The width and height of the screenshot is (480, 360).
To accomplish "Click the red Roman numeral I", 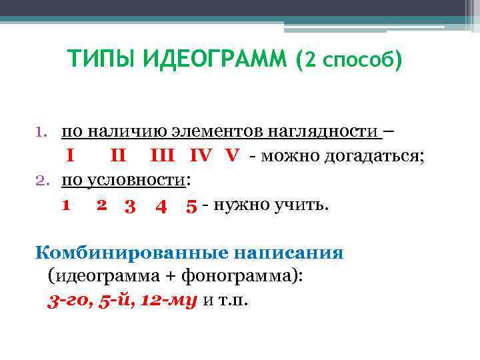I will click(x=69, y=156).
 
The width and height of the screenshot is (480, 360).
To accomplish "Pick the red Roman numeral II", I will click(x=118, y=156).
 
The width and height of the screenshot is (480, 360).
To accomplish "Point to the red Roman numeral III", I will click(x=163, y=156).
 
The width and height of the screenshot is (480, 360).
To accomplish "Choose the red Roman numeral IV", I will click(x=202, y=156).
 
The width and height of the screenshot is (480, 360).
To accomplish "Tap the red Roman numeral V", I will click(x=232, y=156).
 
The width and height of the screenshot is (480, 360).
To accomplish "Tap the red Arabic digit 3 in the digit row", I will click(x=131, y=205).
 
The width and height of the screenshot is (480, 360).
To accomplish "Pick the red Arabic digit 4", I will click(x=160, y=205).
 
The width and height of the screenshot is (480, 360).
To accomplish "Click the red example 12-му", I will click(x=169, y=299).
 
